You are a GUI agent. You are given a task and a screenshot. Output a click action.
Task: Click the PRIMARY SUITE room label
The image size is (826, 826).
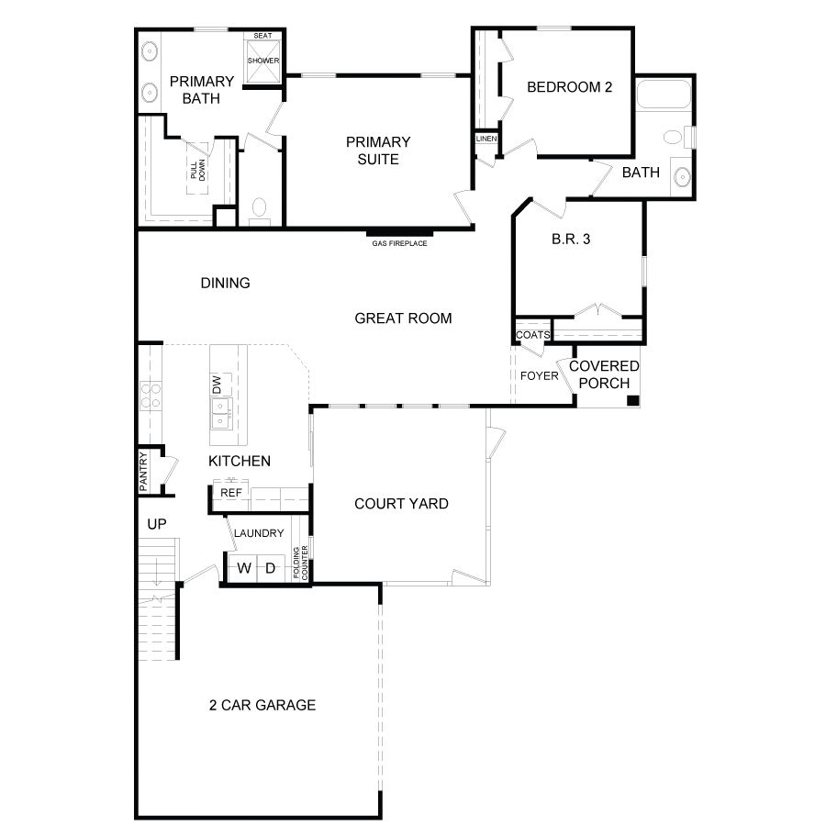(377, 151)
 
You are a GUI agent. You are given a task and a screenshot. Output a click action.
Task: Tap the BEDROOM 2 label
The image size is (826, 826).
(569, 87)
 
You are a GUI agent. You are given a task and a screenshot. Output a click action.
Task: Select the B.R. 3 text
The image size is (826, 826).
(570, 240)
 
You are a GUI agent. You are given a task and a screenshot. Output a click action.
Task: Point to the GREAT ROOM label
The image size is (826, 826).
(403, 318)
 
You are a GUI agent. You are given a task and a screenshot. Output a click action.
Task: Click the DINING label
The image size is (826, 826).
(225, 283)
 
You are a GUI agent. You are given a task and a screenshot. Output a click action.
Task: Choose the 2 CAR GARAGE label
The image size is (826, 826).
(262, 705)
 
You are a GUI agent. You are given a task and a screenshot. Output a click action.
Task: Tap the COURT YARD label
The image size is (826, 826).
(401, 503)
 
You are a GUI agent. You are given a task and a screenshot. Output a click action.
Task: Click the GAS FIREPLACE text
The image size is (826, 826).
(399, 243)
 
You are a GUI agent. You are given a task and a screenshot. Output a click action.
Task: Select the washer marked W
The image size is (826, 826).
(244, 568)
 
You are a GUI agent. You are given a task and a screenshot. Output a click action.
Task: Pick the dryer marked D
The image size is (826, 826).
(270, 568)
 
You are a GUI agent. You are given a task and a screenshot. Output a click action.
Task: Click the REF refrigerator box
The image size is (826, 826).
(231, 493)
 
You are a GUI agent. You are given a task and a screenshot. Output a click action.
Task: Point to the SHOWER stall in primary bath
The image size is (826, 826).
(263, 61)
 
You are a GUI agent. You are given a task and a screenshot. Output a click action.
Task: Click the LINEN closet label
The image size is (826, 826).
(486, 139)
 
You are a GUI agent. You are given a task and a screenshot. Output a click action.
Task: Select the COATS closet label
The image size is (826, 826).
(532, 335)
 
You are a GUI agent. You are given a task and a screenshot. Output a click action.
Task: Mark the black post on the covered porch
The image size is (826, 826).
(632, 400)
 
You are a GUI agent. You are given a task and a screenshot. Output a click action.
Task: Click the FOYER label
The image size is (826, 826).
(540, 375)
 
